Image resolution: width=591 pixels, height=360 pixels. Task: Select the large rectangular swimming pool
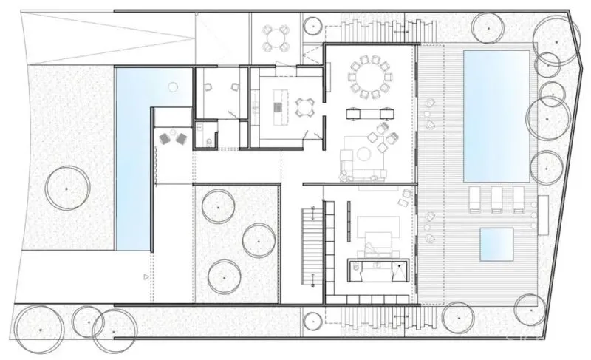495,115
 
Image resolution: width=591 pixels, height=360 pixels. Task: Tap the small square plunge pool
496,243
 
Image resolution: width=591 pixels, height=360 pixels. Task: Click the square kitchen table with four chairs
304,109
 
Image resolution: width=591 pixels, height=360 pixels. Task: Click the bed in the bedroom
377,232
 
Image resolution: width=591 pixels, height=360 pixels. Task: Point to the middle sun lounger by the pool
497,198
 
